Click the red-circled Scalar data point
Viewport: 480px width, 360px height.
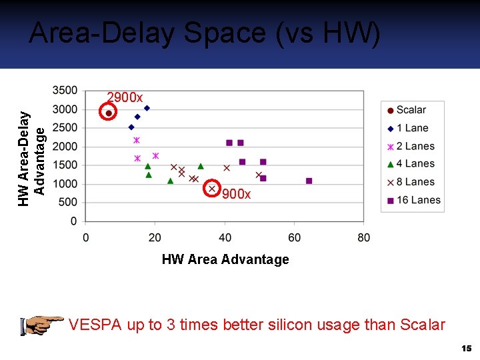(109, 113)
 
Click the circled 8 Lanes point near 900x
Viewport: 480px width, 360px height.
(212, 189)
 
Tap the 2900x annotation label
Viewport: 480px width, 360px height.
(125, 98)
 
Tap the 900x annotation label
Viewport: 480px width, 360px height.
(236, 195)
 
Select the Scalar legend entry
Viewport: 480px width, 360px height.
(411, 110)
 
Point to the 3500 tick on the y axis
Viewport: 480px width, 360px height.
(65, 90)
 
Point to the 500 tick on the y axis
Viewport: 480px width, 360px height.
(69, 202)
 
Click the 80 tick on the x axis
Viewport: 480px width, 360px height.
(363, 237)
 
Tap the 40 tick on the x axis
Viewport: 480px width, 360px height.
(225, 237)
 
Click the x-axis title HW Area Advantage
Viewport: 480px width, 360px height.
(225, 259)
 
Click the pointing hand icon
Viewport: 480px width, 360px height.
(41, 325)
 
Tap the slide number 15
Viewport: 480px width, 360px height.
(466, 348)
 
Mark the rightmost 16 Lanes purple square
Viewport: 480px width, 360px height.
(309, 181)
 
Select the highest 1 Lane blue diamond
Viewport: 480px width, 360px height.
(147, 108)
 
